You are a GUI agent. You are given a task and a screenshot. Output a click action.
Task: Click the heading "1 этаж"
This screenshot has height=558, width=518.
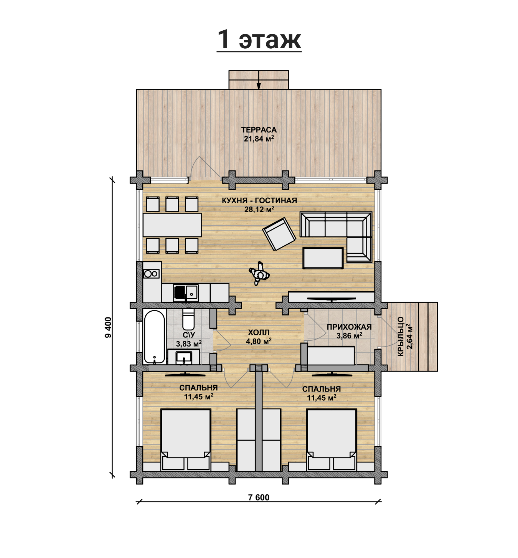click(x=259, y=39)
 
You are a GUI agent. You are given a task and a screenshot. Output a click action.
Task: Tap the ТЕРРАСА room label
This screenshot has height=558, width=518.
click(x=259, y=130)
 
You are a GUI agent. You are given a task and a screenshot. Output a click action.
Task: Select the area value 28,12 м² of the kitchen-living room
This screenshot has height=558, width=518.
click(x=259, y=209)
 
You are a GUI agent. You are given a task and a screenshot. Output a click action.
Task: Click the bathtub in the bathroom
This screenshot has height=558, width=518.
click(x=154, y=337)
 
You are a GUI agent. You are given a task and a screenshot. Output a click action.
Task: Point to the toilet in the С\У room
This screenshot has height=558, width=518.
click(x=188, y=319)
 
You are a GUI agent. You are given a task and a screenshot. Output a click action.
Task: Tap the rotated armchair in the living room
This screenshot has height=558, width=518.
click(x=279, y=234)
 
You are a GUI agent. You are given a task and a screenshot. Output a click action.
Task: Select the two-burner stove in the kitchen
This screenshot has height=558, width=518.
click(x=151, y=274)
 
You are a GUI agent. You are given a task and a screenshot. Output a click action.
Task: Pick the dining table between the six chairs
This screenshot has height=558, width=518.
click(x=172, y=225)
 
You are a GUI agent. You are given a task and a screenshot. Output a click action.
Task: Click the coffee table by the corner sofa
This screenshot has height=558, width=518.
click(x=323, y=258)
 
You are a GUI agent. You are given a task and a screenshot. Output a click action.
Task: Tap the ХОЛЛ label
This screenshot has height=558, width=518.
click(x=259, y=332)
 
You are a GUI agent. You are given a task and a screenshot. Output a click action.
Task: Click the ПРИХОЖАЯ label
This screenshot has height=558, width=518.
click(x=349, y=327)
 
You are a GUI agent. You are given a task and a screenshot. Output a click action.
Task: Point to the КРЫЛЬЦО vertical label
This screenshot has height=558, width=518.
click(x=401, y=337)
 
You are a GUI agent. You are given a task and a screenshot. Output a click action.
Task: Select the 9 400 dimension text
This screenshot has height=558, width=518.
click(x=108, y=327)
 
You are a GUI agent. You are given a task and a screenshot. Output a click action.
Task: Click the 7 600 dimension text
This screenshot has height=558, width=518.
click(x=259, y=497)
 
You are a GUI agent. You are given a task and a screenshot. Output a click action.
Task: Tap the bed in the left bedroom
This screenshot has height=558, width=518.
click(x=186, y=440)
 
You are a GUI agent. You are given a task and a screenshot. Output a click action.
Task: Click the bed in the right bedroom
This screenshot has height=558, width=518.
click(x=331, y=440)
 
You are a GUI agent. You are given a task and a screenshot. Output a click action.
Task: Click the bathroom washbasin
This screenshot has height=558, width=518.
click(x=184, y=357)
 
